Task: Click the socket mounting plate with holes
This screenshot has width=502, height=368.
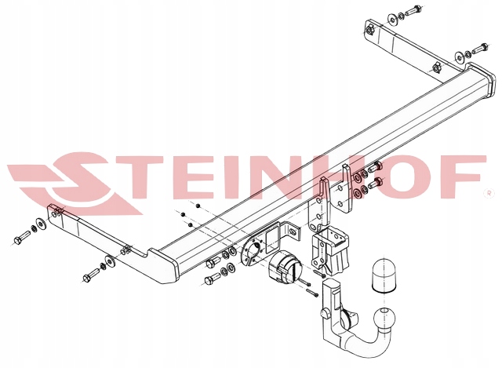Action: click(256, 252)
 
